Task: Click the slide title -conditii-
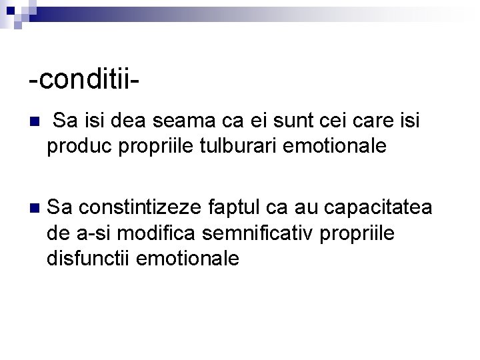click(x=84, y=79)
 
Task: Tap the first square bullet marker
click(x=35, y=123)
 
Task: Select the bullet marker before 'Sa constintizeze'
click(x=35, y=208)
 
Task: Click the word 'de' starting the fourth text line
click(x=57, y=233)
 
